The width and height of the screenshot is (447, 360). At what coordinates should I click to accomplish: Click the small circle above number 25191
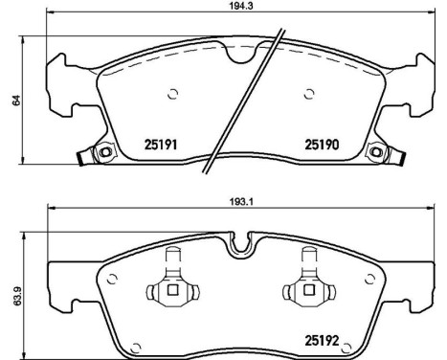click(x=173, y=93)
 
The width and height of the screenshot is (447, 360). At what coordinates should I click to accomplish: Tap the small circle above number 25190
click(x=308, y=93)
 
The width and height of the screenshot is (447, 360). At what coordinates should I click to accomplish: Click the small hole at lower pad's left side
click(x=113, y=280)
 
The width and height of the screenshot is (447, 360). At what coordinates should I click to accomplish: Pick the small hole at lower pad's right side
click(x=368, y=280)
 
